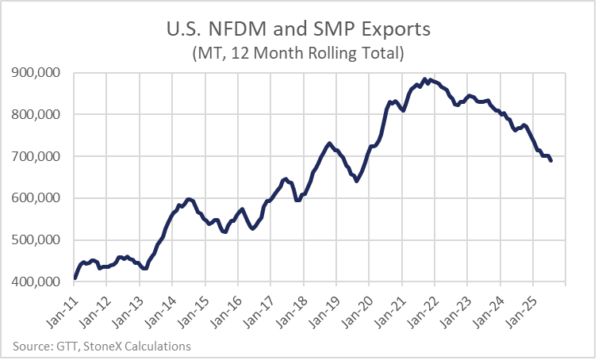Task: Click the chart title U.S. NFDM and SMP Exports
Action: click(x=299, y=30)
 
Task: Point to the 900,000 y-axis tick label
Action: click(x=38, y=73)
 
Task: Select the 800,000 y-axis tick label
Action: click(x=38, y=114)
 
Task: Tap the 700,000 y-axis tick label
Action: click(x=38, y=156)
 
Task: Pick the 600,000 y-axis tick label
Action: click(x=38, y=198)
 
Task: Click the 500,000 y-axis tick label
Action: click(x=38, y=240)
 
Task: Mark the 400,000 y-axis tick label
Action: click(x=38, y=282)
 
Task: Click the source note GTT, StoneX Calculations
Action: click(x=102, y=346)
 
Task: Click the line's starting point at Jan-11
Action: click(x=75, y=278)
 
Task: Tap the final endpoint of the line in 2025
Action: click(x=551, y=161)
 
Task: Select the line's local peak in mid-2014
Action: click(x=188, y=199)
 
